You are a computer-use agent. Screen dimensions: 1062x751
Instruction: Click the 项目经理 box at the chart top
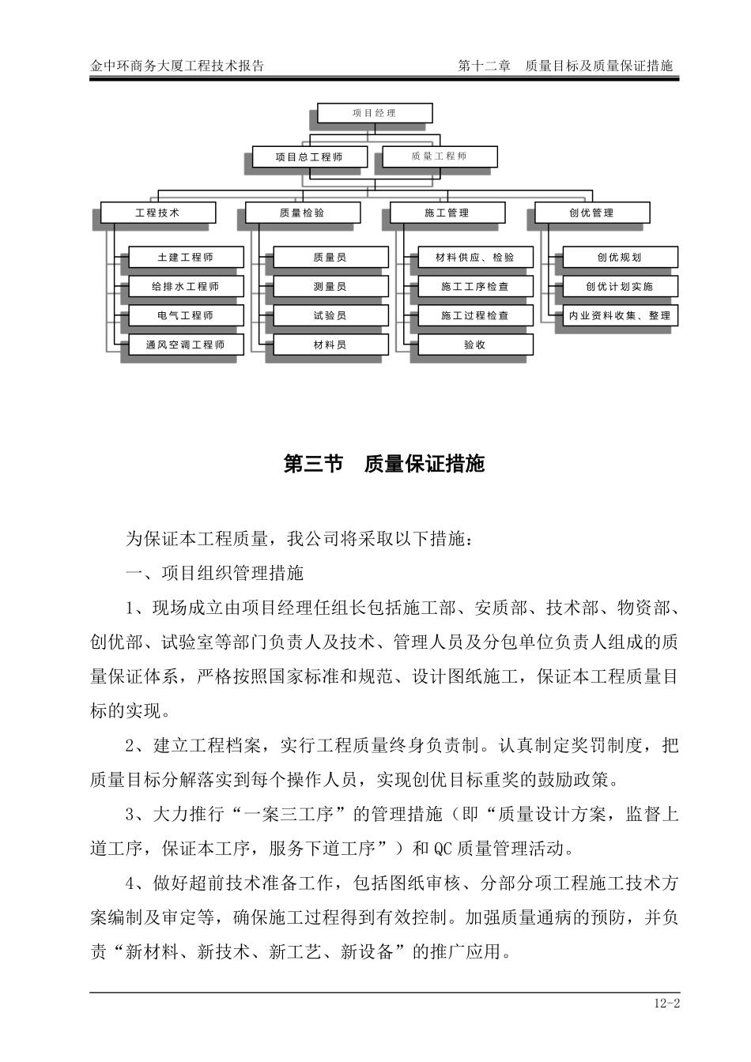(375, 113)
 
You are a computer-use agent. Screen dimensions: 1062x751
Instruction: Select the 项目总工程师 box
(309, 156)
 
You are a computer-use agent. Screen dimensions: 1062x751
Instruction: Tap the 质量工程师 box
(440, 156)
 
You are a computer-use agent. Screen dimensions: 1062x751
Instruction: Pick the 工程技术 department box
(157, 213)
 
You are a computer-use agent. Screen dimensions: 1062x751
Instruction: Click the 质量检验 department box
(302, 213)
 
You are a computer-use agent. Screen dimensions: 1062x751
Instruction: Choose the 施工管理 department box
(447, 213)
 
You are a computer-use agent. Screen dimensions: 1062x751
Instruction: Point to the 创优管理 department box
(591, 213)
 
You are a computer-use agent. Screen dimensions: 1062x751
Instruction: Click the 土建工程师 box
(185, 257)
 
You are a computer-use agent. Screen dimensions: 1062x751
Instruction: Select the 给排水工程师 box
(185, 286)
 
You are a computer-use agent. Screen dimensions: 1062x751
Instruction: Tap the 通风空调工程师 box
(185, 345)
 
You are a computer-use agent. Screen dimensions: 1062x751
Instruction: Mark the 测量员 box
(330, 286)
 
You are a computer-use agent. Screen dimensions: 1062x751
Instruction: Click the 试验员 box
(330, 315)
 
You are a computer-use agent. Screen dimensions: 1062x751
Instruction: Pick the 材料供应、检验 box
(475, 257)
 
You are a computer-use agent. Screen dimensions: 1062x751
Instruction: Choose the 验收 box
(475, 345)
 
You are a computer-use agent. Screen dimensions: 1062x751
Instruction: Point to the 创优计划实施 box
(620, 286)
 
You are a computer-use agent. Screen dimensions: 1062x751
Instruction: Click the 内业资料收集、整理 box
(620, 315)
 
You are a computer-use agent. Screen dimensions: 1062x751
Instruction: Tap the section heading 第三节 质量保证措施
(383, 464)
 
